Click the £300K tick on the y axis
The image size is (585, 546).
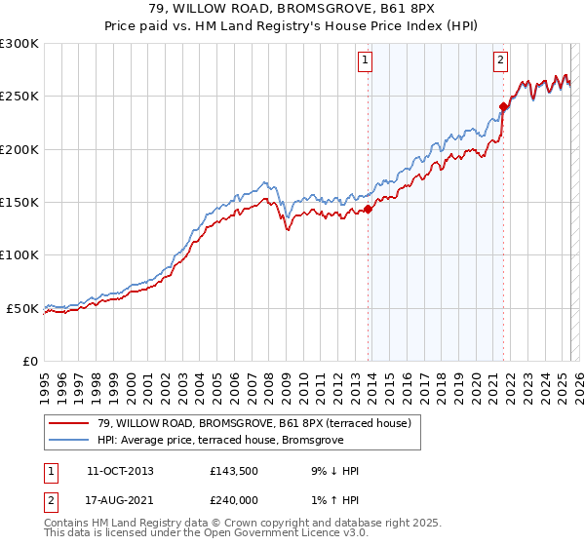point(20,44)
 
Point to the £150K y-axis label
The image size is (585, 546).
point(20,202)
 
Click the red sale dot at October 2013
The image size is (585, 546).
point(369,209)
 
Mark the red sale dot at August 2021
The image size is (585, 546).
point(504,107)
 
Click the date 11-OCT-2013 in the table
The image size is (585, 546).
point(120,471)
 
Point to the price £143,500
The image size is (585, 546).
point(235,471)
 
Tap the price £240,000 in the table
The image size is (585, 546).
point(235,500)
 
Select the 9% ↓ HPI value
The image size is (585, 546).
point(331,471)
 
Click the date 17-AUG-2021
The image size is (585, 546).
point(120,500)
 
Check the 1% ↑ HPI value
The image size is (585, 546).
point(331,500)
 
